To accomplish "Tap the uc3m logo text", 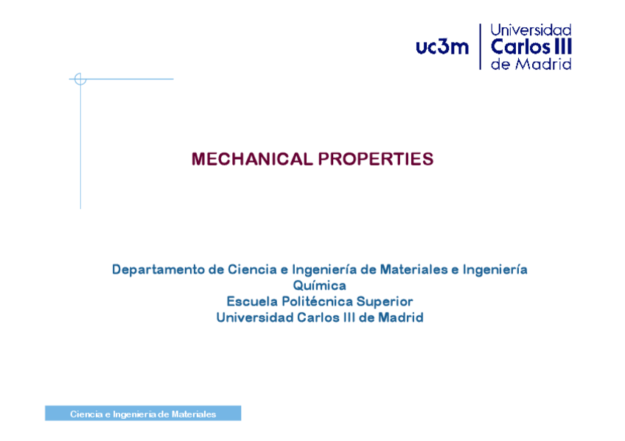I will click(441, 48).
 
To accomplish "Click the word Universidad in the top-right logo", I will click(531, 30).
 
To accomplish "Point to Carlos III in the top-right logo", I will click(531, 47).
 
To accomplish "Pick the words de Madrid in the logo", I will click(531, 64).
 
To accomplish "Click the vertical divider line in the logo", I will click(480, 46).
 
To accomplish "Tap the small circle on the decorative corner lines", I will click(80, 79).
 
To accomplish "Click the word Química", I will click(319, 285).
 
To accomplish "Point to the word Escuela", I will click(250, 301).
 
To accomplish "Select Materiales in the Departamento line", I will click(416, 269).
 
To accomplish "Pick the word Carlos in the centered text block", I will click(319, 317).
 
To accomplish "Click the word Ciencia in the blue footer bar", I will click(86, 414).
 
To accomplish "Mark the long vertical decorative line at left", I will click(80, 147).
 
